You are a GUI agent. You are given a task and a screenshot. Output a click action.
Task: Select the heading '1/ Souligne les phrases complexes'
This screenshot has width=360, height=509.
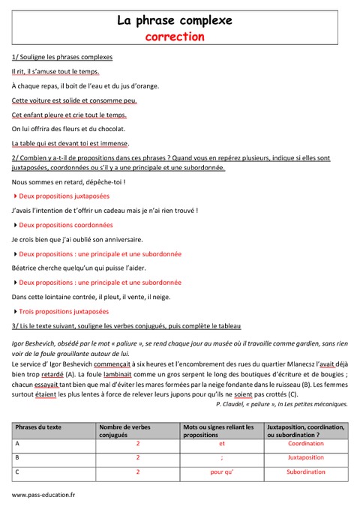[62, 57]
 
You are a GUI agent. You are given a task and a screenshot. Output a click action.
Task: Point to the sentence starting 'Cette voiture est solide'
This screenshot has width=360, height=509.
[74, 100]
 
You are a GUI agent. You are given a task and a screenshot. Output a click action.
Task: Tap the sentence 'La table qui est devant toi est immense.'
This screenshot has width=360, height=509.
[70, 143]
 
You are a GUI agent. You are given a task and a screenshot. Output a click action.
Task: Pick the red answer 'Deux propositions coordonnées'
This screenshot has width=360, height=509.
[66, 224]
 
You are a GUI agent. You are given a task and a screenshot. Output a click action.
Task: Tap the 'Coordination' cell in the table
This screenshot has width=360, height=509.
[305, 444]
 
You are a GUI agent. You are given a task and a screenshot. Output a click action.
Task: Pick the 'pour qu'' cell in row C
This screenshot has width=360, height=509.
[222, 472]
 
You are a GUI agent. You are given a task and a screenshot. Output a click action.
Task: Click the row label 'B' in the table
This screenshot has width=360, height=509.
[17, 458]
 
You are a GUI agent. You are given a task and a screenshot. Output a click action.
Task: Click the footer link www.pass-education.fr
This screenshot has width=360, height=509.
[43, 496]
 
